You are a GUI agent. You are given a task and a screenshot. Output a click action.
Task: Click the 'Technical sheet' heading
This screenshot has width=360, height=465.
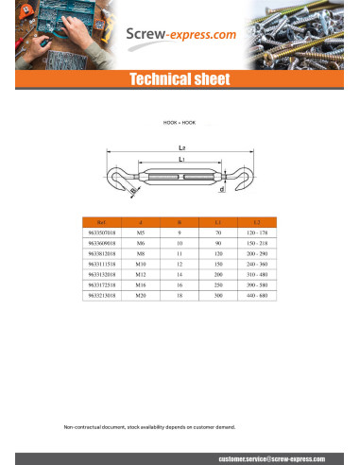(180, 79)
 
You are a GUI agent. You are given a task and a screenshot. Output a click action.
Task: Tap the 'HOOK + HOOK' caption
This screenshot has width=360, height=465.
(180, 123)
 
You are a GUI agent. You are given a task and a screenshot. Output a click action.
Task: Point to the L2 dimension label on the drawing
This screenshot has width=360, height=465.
(180, 147)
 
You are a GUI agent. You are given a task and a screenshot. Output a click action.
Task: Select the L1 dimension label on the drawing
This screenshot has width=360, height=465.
(180, 160)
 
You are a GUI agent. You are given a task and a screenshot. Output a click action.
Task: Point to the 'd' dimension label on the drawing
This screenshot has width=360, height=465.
(221, 189)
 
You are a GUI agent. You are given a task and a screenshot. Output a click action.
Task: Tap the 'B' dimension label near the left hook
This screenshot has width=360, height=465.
(133, 192)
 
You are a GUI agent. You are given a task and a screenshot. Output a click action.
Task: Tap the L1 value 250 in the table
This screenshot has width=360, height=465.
(217, 285)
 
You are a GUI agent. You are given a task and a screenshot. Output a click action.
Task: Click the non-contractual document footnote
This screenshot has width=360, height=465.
(149, 427)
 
